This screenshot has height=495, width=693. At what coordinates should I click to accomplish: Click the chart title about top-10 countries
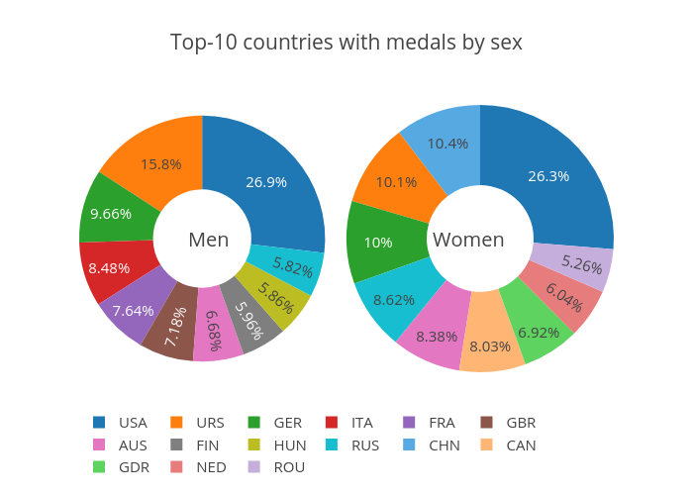pyautogui.click(x=346, y=43)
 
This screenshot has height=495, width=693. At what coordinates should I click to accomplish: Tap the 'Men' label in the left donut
pyautogui.click(x=208, y=240)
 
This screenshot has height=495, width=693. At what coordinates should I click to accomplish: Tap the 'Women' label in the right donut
pyautogui.click(x=468, y=240)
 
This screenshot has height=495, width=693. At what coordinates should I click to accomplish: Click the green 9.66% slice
pyautogui.click(x=112, y=212)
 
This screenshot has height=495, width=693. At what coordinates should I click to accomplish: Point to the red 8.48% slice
pyautogui.click(x=110, y=268)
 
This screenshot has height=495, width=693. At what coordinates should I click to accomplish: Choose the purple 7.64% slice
pyautogui.click(x=133, y=311)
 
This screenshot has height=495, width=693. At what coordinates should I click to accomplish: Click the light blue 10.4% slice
pyautogui.click(x=447, y=144)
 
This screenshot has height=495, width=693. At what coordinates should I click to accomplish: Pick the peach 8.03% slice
pyautogui.click(x=491, y=345)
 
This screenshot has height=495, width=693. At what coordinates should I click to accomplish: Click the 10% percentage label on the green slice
pyautogui.click(x=378, y=243)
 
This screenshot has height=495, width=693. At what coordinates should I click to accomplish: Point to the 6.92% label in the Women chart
pyautogui.click(x=539, y=332)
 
